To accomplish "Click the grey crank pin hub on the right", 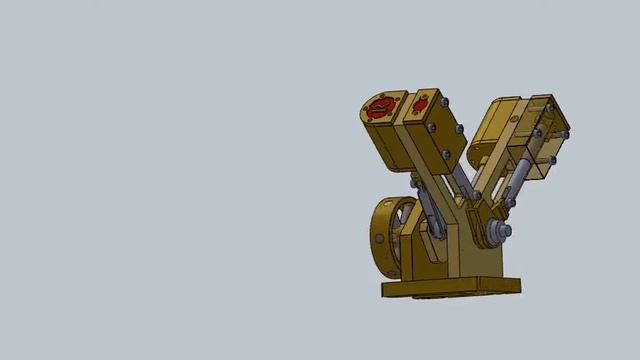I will [496, 234].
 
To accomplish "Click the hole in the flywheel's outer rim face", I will [381, 241].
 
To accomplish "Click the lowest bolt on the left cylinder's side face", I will [446, 155].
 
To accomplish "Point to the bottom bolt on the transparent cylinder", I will [551, 159].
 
